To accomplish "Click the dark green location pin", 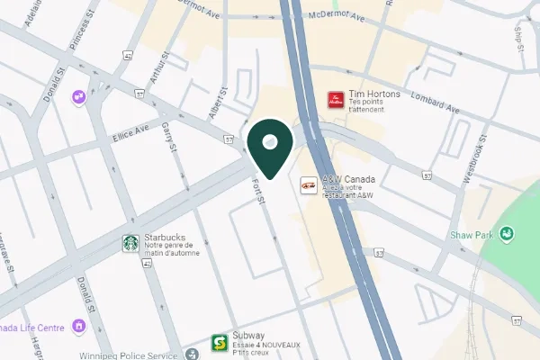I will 273,147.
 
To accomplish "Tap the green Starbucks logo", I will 130,243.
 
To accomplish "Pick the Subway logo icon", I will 218,343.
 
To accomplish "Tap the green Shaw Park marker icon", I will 508,235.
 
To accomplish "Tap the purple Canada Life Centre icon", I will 79,325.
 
